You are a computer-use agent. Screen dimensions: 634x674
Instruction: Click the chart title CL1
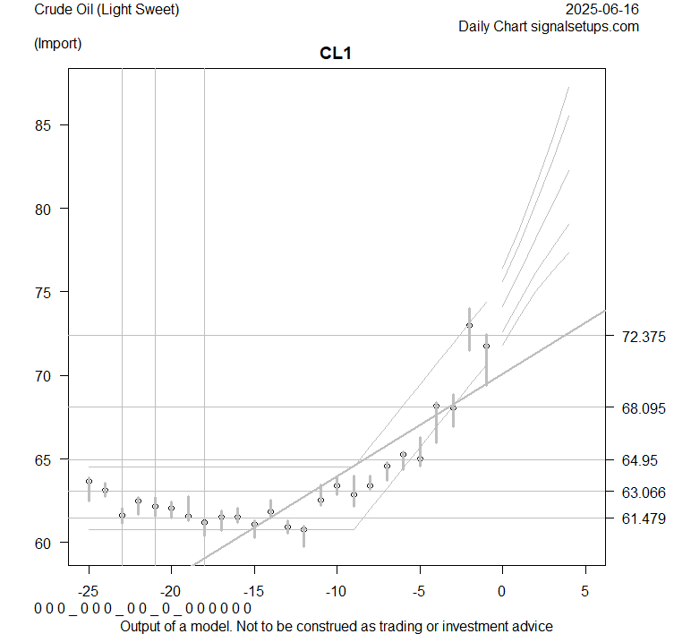(336, 54)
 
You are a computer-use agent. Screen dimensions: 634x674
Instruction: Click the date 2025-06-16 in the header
(603, 10)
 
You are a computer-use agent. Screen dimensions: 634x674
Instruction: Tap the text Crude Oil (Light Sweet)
(107, 10)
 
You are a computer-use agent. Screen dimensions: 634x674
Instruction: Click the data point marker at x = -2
(469, 325)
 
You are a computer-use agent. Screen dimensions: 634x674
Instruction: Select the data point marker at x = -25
(89, 481)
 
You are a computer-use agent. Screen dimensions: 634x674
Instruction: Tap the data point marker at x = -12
(303, 529)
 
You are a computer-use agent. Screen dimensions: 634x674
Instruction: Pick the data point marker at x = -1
(486, 346)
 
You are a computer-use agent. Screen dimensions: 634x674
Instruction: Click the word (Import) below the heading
(57, 43)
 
